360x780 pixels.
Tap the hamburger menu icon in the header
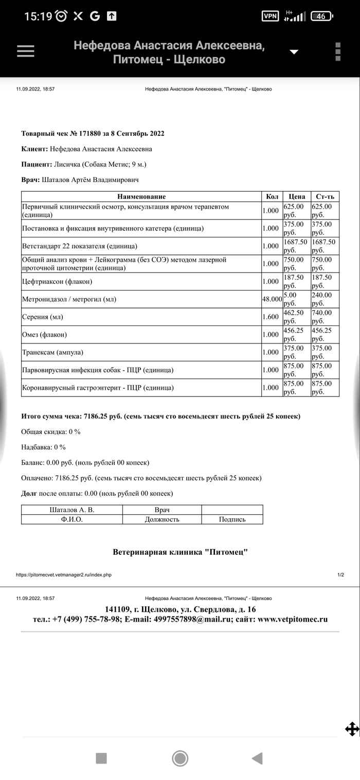click(26, 51)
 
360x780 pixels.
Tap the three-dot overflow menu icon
click(338, 51)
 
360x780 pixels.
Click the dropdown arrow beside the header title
click(294, 52)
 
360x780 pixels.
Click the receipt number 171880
click(89, 134)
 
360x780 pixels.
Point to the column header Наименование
click(141, 196)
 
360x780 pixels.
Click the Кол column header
click(272, 196)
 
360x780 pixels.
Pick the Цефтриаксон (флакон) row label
click(57, 281)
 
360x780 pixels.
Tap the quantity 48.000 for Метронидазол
click(272, 299)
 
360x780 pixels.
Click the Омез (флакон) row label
click(44, 335)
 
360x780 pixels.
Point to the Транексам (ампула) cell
click(52, 352)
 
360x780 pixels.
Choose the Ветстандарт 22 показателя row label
click(80, 246)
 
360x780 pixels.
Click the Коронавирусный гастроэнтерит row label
click(98, 388)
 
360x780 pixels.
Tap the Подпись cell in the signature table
click(232, 519)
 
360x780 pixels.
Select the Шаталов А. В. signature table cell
click(72, 510)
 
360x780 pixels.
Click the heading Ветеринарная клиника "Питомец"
click(180, 552)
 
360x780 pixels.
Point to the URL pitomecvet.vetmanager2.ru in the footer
click(64, 575)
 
